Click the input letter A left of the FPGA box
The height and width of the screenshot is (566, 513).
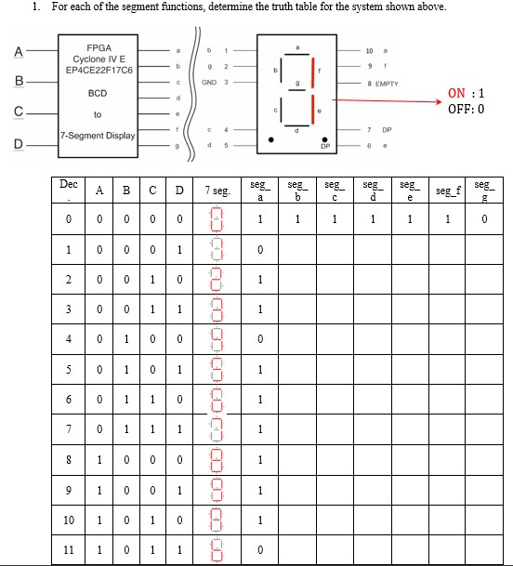coord(17,51)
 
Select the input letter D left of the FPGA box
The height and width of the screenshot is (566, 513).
coord(17,144)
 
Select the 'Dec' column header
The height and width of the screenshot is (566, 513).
coord(68,185)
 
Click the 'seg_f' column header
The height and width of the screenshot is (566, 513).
coord(447,191)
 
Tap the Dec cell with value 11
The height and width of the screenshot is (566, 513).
coord(68,550)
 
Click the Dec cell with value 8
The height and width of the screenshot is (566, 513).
coord(68,460)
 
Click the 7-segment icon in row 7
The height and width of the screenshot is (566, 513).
coord(217,429)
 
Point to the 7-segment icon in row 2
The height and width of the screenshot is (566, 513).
coord(217,280)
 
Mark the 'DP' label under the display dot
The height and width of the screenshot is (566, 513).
coord(325,147)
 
